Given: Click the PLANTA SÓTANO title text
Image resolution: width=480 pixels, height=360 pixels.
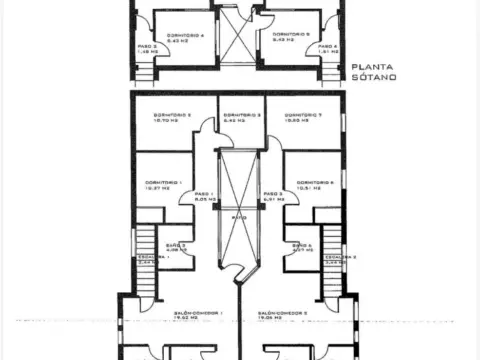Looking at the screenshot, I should (x=375, y=72).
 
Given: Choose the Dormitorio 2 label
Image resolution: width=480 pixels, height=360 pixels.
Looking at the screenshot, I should (x=172, y=118).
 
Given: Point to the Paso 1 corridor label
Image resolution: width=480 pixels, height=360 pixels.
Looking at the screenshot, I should (x=204, y=197).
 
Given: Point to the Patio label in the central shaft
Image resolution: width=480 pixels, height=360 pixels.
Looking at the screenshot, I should (x=238, y=216).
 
